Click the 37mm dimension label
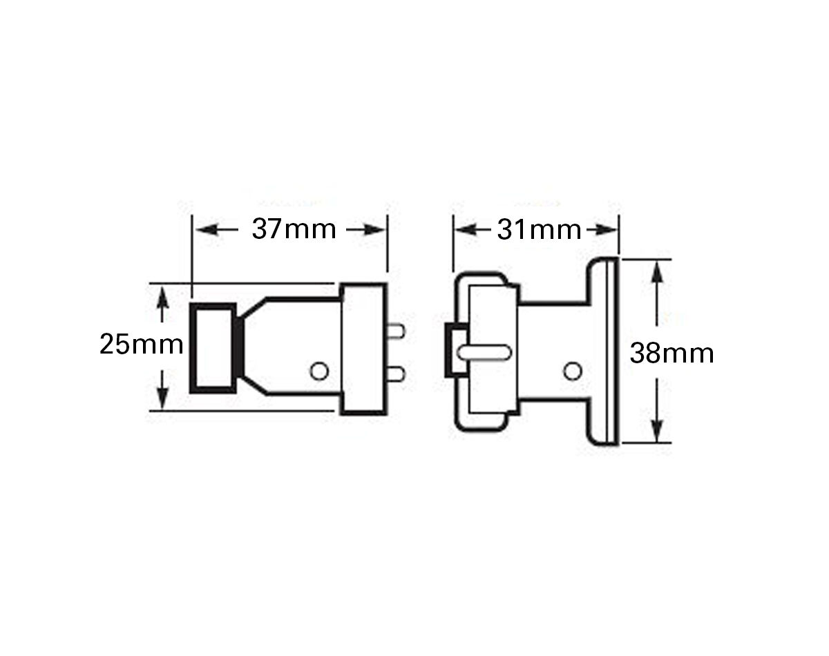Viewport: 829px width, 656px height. pos(294,229)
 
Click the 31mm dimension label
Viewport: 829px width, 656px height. pos(539,230)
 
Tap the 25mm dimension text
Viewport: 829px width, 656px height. pos(142,344)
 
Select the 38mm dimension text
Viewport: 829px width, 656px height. pos(671,354)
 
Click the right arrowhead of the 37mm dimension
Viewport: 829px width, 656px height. pos(373,230)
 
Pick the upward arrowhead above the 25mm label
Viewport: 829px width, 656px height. pos(162,300)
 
